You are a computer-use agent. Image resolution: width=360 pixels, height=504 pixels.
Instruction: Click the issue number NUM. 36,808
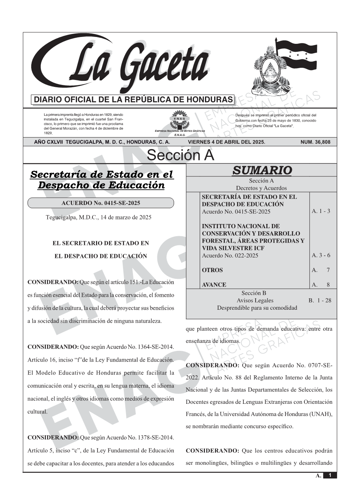(315, 142)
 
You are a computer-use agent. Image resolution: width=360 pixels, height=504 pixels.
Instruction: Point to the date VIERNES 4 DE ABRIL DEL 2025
(226, 142)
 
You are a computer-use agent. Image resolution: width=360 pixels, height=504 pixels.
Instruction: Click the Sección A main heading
(180, 155)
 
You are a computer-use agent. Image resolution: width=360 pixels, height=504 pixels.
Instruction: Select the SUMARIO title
(262, 170)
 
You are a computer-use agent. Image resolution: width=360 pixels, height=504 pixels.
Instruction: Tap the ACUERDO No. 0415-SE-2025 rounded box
(101, 203)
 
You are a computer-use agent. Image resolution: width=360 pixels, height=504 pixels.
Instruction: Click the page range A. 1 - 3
(321, 211)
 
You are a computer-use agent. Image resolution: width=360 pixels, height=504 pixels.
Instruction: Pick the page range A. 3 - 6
(321, 255)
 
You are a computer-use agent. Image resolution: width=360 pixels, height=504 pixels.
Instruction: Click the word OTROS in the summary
(212, 270)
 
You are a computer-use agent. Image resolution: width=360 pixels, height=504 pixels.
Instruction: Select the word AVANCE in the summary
(214, 285)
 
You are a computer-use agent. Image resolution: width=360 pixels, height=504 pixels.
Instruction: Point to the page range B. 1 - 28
(320, 300)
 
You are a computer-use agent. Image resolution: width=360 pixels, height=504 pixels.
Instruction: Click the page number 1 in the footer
(330, 475)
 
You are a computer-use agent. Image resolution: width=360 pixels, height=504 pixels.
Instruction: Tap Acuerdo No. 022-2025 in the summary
(230, 255)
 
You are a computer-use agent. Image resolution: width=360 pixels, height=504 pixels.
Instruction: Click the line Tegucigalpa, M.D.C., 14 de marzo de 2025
(98, 217)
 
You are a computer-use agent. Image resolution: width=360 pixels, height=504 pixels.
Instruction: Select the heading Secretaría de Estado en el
(101, 174)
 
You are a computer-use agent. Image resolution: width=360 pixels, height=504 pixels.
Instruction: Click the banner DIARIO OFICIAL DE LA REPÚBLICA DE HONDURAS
(133, 100)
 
